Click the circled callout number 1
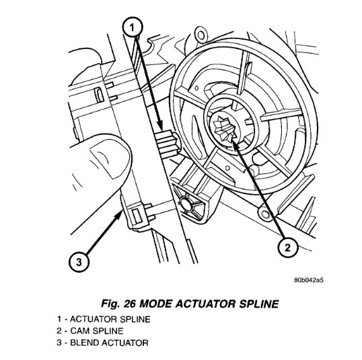point(133,27)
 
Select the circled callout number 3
point(79,261)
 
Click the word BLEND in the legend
point(86,343)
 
